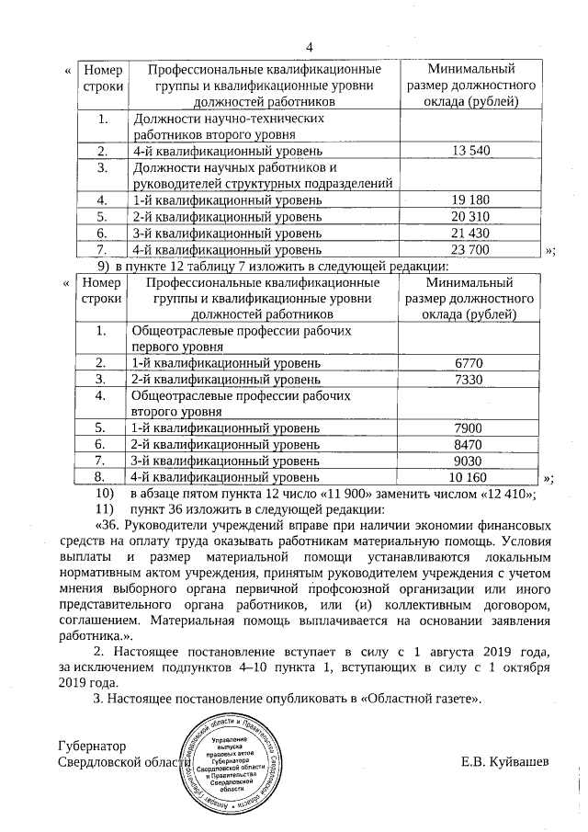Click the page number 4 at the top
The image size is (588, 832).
coord(309,47)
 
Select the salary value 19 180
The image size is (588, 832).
coord(469,199)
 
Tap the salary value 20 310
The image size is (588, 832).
coord(469,216)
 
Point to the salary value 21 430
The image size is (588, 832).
coord(469,233)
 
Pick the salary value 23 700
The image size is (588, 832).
coord(469,249)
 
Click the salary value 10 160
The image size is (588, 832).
coord(469,477)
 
